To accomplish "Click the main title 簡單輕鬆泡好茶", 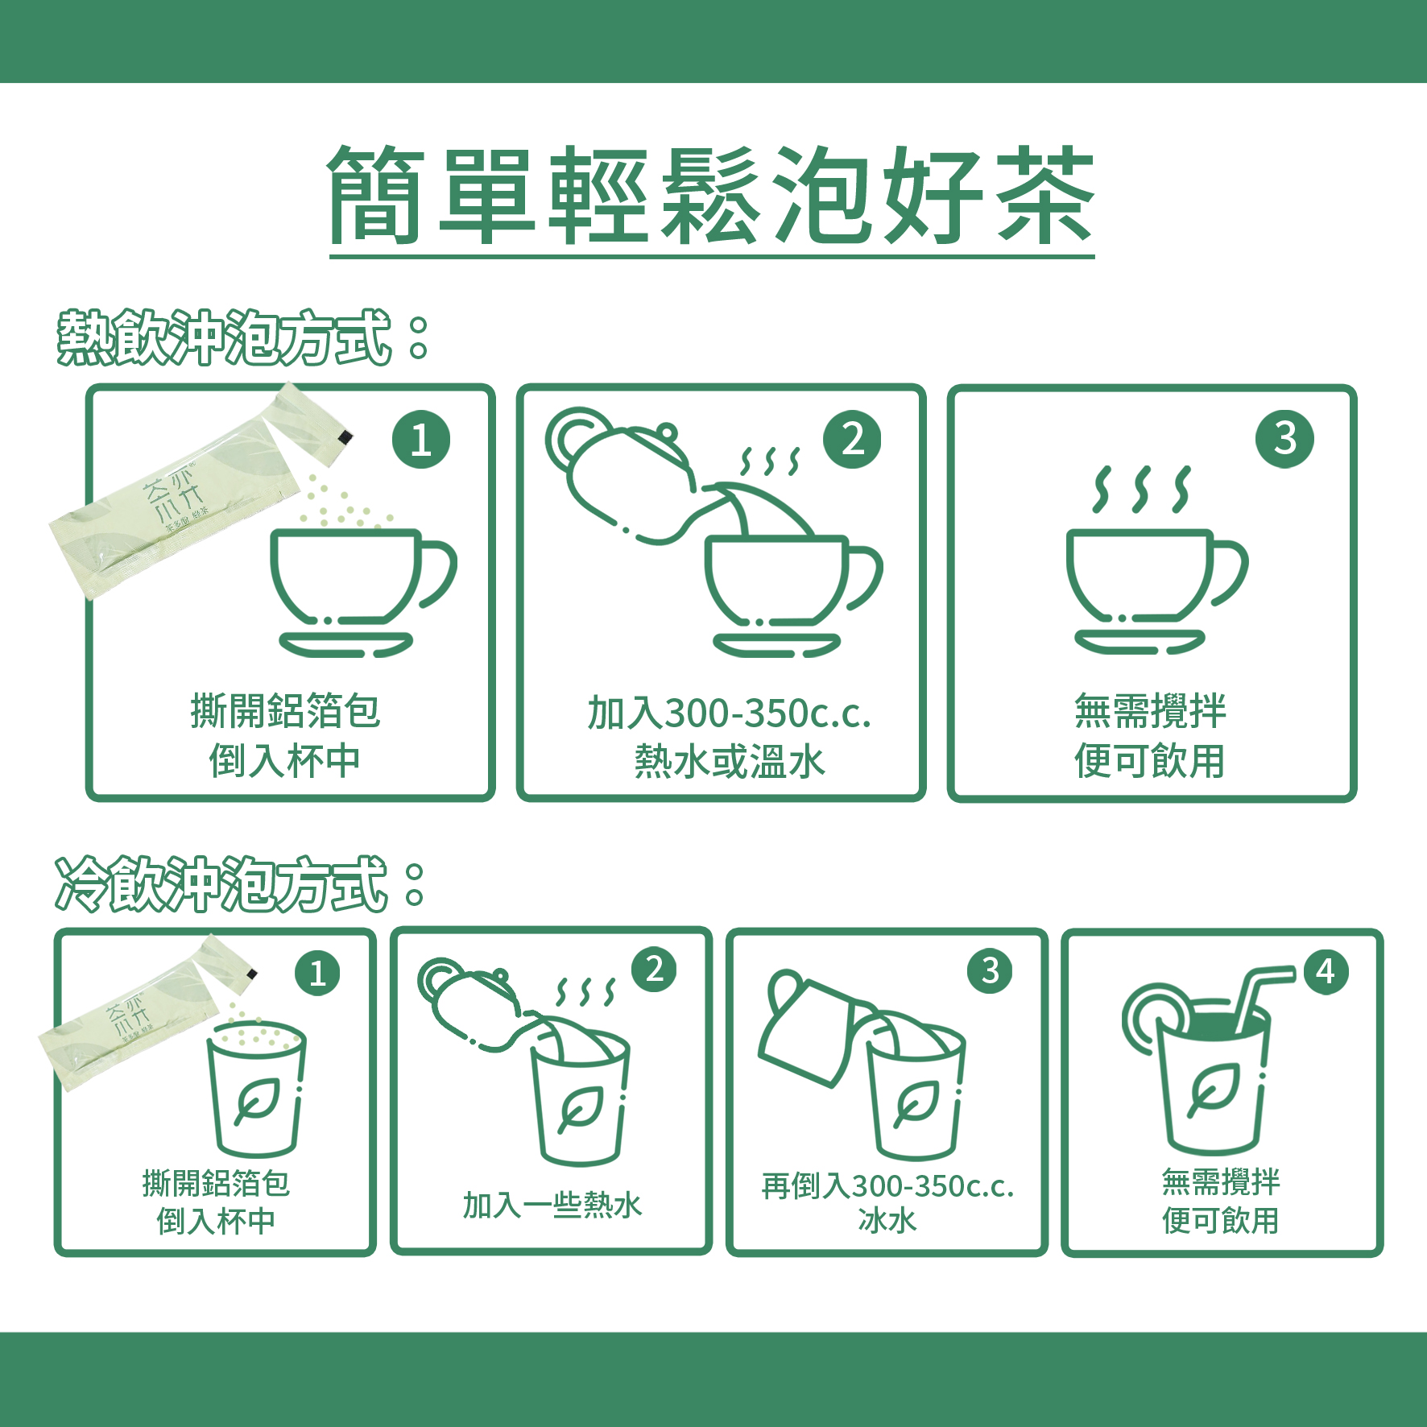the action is (712, 196).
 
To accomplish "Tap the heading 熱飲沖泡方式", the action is (225, 337).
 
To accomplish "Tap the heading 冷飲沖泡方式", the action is (222, 884).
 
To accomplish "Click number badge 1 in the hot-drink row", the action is (421, 440).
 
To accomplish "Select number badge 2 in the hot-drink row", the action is (852, 440).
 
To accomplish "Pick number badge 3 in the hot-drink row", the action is (1284, 439).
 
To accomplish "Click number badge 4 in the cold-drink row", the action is (1326, 972).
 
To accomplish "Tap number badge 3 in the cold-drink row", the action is (990, 971).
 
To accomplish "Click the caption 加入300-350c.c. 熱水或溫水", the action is (729, 737).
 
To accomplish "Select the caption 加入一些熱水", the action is (552, 1205).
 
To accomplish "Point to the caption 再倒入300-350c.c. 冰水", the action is (887, 1203).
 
